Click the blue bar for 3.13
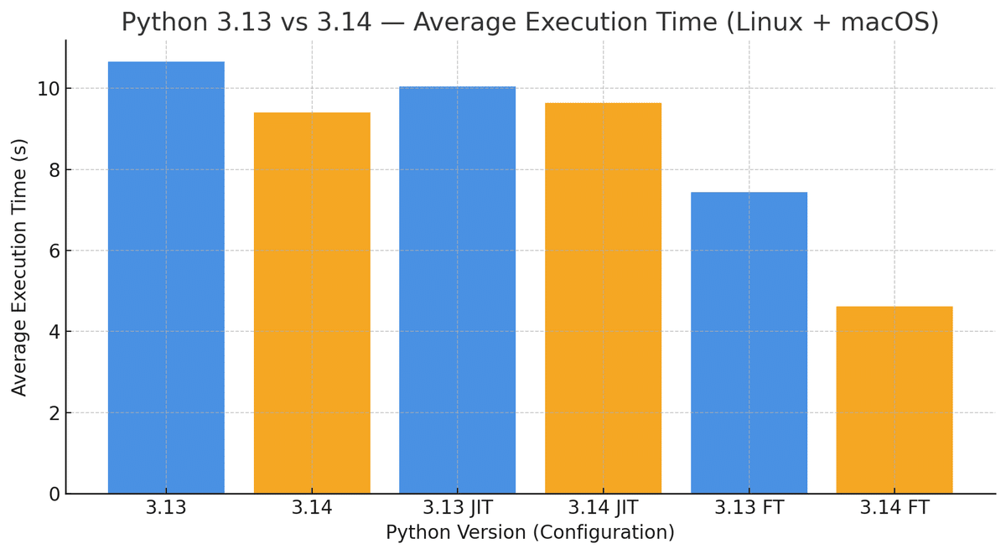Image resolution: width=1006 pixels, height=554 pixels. pos(166,277)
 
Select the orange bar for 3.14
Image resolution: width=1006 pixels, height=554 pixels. pos(312,303)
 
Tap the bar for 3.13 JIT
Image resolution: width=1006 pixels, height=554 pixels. pos(457,289)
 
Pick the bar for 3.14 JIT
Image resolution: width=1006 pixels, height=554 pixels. pos(603,298)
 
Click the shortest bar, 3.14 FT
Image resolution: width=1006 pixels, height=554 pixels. pos(894,400)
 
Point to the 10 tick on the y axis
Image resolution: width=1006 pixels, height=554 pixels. pos(47,89)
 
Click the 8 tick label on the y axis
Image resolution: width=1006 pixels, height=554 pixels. pos(53,170)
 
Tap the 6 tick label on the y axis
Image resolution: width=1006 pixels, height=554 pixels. pos(53,251)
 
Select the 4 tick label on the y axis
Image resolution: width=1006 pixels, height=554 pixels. pos(53,332)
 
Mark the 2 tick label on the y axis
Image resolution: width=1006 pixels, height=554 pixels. pos(53,413)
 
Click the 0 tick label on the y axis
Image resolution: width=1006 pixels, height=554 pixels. pos(53,494)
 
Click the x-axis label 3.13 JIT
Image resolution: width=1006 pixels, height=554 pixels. pos(457,508)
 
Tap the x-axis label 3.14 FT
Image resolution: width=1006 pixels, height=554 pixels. pos(894,508)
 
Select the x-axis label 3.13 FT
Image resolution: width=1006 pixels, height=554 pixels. pos(749,508)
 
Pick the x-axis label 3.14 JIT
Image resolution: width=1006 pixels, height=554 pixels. pos(603,508)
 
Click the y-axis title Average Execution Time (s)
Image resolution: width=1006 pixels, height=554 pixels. pos(19,267)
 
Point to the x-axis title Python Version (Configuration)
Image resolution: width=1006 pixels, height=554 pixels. pos(530,533)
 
